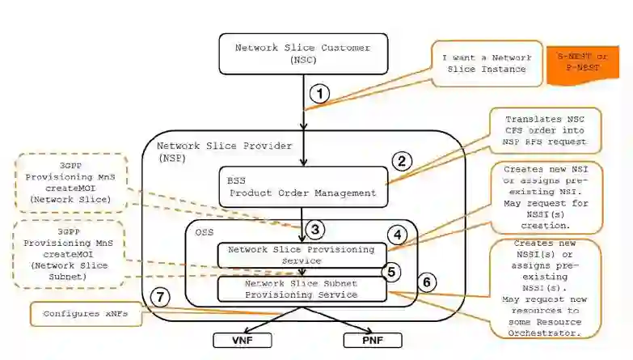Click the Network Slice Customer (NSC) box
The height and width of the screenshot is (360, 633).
coord(303,53)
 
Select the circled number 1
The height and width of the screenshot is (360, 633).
coord(320,93)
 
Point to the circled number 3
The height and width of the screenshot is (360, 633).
coord(316,230)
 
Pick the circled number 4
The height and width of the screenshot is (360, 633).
coord(397,235)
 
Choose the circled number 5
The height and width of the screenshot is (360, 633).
coord(391,272)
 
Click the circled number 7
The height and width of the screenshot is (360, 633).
coord(162,298)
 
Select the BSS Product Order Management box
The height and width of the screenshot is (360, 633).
coord(302,187)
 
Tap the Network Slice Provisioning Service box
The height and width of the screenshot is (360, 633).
coord(302,254)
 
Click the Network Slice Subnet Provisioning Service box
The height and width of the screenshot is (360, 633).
coord(302,289)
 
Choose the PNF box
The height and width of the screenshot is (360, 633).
coord(373,340)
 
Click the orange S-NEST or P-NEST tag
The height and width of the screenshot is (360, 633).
coord(582,64)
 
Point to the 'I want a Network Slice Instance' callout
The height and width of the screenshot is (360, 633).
coord(486,64)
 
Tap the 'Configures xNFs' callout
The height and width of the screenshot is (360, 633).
coord(83,313)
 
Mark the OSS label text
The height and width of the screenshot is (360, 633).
coord(205,232)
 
